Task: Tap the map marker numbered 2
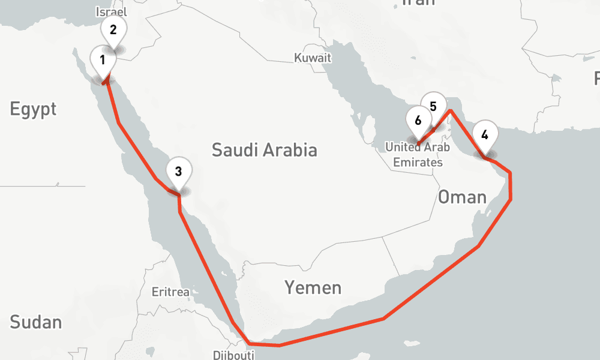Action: tap(113, 29)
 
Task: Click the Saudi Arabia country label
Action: tap(264, 150)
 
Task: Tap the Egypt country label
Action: tap(33, 109)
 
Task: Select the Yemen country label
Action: tap(313, 288)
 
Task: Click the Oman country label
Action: tap(461, 196)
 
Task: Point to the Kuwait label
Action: tap(313, 58)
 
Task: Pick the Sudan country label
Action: tap(36, 322)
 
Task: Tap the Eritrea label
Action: tap(170, 293)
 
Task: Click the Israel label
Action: tap(111, 11)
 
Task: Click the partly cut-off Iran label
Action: tap(418, 2)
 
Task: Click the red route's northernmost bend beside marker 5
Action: tap(451, 110)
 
